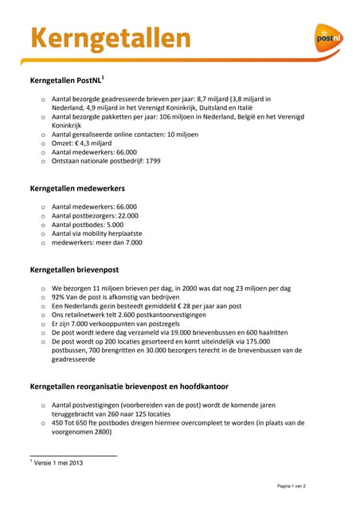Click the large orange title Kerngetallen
click(x=111, y=37)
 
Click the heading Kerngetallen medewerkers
click(x=78, y=189)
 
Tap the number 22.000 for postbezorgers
click(x=123, y=215)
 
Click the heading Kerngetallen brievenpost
click(x=74, y=270)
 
